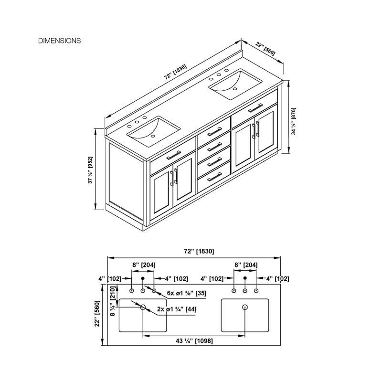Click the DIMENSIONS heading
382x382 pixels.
[x=59, y=41]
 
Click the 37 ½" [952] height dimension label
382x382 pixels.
[x=90, y=170]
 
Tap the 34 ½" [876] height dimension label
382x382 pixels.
[x=294, y=121]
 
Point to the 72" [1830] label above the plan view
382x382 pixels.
[x=199, y=251]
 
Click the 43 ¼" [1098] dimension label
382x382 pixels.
[x=194, y=341]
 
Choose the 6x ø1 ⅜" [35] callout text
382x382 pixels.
[x=187, y=293]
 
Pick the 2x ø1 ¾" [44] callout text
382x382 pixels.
[x=177, y=309]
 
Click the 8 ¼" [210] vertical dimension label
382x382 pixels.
[x=112, y=301]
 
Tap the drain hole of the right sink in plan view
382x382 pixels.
[x=245, y=307]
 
